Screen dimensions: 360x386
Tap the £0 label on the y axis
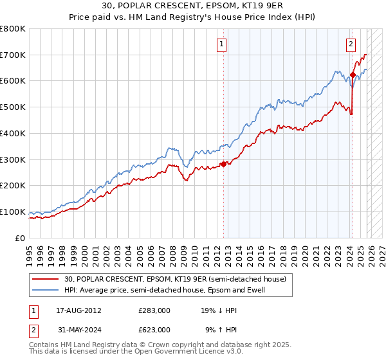pos(20,238)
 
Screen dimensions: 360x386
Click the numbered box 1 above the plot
pos(221,44)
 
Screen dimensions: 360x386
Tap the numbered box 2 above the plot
pos(351,44)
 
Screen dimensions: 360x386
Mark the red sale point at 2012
pos(223,164)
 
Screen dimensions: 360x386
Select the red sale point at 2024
pos(353,75)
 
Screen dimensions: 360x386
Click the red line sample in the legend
pos(46,278)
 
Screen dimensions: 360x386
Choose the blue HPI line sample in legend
pos(46,290)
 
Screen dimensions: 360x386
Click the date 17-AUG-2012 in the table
pos(74,310)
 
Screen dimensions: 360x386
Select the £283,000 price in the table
pos(154,310)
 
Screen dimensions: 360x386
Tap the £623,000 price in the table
pos(154,329)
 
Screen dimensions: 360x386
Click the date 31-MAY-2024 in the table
pos(74,329)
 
